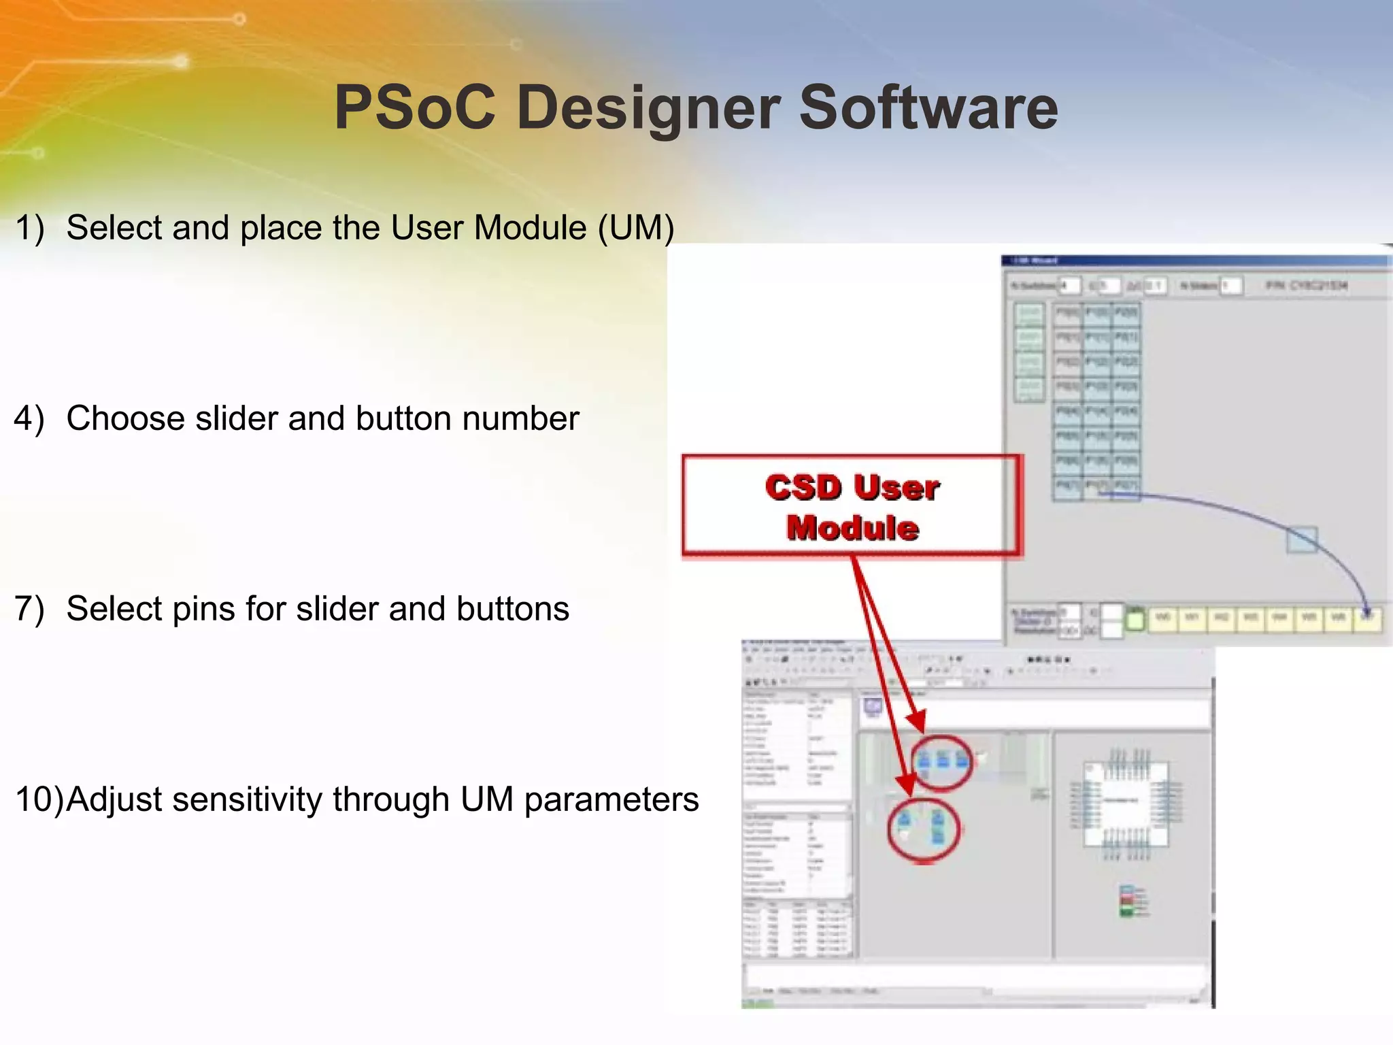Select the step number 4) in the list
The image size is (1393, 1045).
click(x=29, y=418)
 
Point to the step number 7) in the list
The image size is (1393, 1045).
click(x=29, y=609)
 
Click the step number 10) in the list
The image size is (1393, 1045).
click(x=38, y=799)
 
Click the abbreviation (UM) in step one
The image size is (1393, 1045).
click(x=636, y=228)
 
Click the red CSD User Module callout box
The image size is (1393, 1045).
click(x=852, y=507)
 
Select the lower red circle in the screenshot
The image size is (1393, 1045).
click(x=924, y=830)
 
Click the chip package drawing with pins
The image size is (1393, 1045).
click(x=1126, y=804)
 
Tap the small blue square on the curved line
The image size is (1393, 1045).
click(x=1302, y=540)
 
